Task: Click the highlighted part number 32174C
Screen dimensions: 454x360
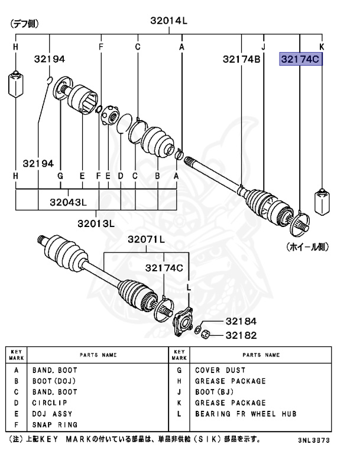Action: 301,59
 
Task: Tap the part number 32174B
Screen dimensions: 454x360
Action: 242,59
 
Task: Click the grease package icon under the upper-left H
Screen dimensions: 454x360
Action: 15,83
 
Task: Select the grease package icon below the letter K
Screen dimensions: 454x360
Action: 322,200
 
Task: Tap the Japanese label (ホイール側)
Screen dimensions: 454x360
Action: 307,245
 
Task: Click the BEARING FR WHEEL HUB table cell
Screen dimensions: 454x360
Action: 245,413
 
